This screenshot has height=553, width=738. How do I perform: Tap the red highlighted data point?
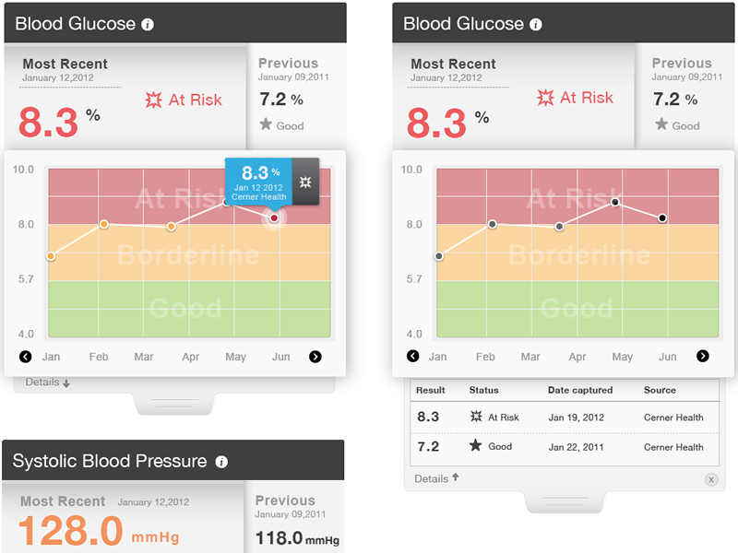[274, 218]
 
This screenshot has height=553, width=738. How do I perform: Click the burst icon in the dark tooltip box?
[306, 182]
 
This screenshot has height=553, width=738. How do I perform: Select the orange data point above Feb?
[103, 224]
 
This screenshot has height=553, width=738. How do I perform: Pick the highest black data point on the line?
[615, 202]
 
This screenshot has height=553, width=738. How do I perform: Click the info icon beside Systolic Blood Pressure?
[221, 462]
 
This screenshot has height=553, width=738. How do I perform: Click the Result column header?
[431, 391]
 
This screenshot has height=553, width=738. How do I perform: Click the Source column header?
[660, 391]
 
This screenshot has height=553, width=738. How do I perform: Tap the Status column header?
[483, 391]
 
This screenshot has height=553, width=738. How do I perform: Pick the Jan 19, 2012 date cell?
[576, 418]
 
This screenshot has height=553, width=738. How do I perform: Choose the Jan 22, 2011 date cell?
[576, 447]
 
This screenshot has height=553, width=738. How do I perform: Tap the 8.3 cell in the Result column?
[428, 418]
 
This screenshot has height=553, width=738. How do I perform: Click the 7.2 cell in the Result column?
[428, 447]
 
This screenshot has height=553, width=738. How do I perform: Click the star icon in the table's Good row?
[476, 446]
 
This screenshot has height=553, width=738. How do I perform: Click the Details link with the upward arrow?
[436, 478]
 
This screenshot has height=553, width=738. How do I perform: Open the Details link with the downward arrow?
[47, 382]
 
